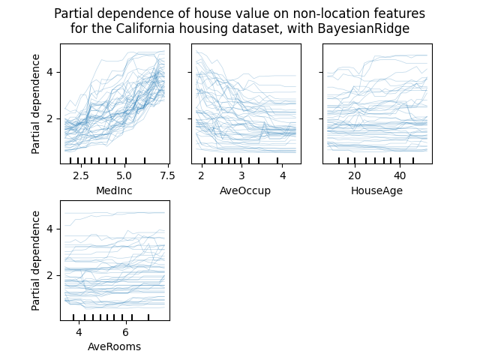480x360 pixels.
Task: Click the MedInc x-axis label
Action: [x=115, y=190]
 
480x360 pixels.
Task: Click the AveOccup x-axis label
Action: [x=246, y=190]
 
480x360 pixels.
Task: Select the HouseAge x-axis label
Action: [x=377, y=190]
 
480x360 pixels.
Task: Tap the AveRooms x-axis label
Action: [x=115, y=346]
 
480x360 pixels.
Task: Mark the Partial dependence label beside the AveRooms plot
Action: [x=36, y=260]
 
